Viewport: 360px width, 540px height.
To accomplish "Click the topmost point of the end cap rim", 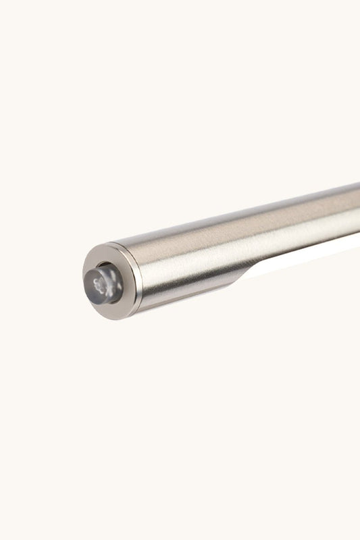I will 111,244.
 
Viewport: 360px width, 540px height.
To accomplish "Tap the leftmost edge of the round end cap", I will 83,283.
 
